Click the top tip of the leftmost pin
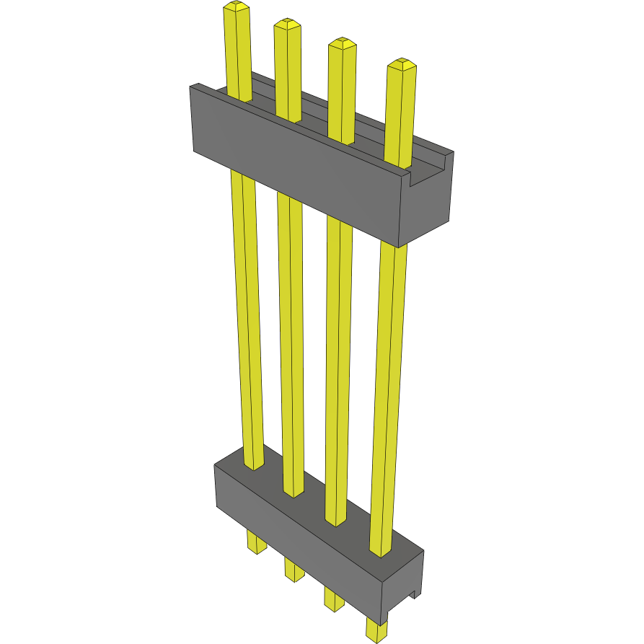pos(237,7)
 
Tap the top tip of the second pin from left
pos(286,25)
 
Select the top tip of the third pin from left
pos(342,43)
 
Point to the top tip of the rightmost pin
pos(402,63)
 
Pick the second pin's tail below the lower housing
pos(294,569)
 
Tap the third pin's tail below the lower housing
pos(334,599)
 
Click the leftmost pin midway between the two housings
pos(247,317)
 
